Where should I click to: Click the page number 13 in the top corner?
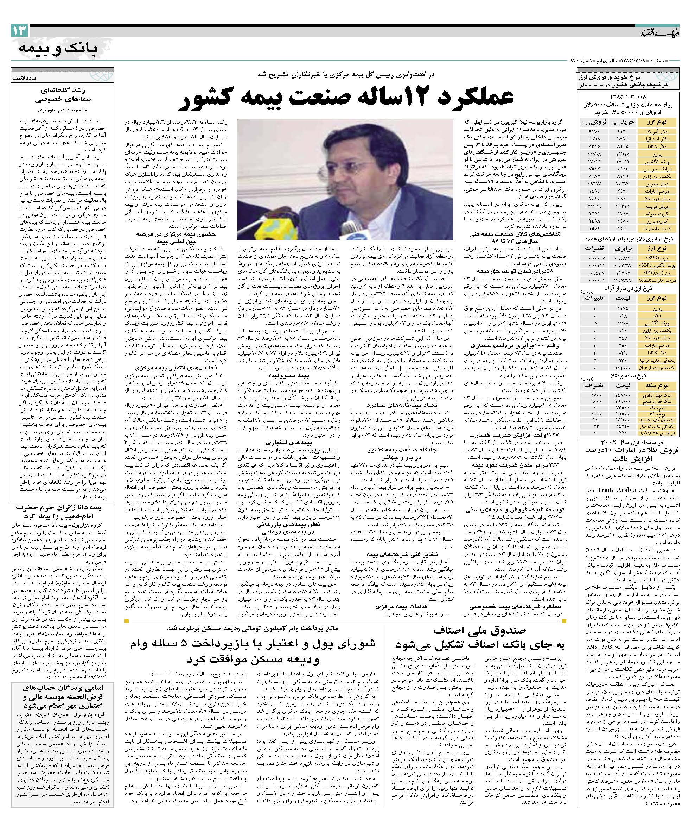pos(19,31)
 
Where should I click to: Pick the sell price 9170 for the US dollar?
pos(588,131)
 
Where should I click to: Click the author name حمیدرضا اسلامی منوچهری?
pos(63,111)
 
